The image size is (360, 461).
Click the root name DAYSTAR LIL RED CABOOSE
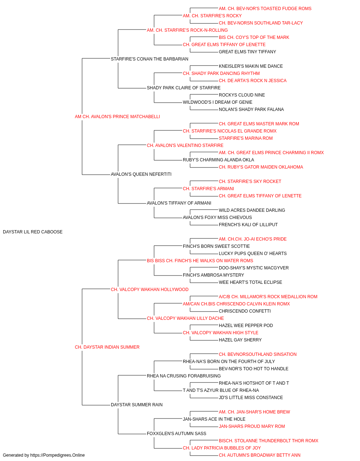(33, 232)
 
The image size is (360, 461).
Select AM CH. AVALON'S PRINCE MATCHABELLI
(117, 117)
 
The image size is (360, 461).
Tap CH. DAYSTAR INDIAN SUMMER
(107, 347)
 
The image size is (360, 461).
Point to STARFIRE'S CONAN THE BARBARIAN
(149, 59)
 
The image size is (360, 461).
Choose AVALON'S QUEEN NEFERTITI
(141, 174)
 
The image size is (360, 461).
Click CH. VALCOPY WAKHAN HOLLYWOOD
(149, 290)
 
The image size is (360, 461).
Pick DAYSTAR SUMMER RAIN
(137, 405)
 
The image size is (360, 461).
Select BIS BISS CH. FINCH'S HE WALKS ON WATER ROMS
(200, 261)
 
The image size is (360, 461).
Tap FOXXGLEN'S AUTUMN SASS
(176, 434)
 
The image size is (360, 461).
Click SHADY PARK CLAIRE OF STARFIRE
(184, 88)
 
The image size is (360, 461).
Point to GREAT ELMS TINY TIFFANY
(247, 52)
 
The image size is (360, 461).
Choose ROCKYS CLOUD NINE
(242, 95)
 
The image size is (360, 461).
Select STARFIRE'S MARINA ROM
(246, 138)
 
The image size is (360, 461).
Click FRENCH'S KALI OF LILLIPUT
(248, 225)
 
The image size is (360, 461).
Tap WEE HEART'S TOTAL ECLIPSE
(251, 282)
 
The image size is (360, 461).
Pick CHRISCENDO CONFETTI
(245, 311)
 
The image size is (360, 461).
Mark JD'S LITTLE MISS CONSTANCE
(251, 398)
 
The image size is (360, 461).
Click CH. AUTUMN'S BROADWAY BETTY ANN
(260, 455)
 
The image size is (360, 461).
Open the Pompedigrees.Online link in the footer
(57, 455)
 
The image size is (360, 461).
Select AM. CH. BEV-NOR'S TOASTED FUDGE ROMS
(265, 9)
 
